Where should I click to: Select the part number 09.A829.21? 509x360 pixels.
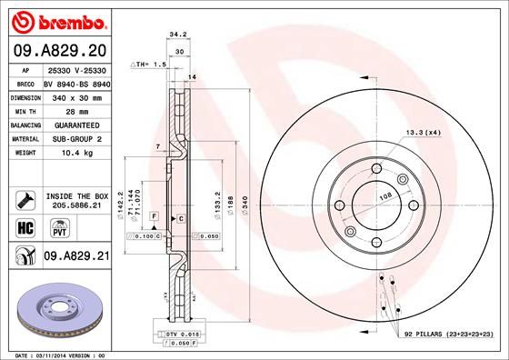(x=76, y=257)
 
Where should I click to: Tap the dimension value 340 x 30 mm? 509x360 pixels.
(x=77, y=95)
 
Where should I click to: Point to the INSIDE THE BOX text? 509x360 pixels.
(x=77, y=195)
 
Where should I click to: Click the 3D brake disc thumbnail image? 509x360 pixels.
(x=58, y=308)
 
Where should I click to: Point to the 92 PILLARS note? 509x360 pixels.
(x=448, y=335)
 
